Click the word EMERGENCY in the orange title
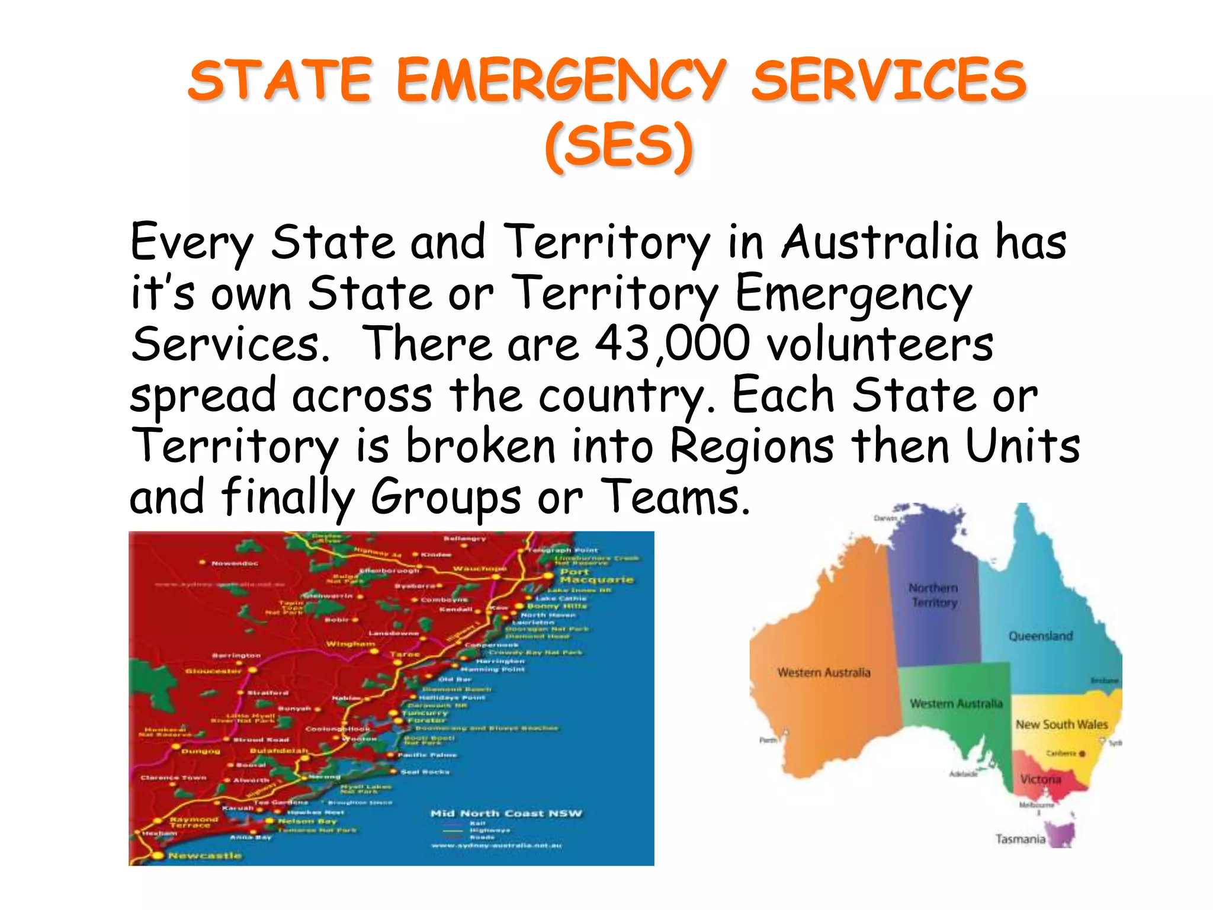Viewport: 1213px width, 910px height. click(560, 81)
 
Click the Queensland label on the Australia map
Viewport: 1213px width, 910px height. click(1041, 636)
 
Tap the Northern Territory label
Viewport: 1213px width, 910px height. click(933, 595)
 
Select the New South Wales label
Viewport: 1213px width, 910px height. click(1061, 724)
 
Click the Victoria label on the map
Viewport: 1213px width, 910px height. click(1040, 779)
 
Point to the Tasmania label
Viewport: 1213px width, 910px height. click(1020, 839)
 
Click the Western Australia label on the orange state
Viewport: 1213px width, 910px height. click(823, 672)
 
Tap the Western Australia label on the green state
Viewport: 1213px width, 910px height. click(956, 703)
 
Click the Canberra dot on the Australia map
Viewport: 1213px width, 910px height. click(1082, 754)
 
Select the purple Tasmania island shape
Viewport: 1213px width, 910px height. click(1061, 833)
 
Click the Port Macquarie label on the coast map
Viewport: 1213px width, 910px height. click(596, 575)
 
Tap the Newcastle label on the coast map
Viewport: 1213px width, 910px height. click(204, 855)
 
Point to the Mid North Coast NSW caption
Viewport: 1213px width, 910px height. click(506, 813)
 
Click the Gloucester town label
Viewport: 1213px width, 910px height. click(213, 671)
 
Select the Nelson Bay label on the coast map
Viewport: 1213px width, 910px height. click(307, 821)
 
